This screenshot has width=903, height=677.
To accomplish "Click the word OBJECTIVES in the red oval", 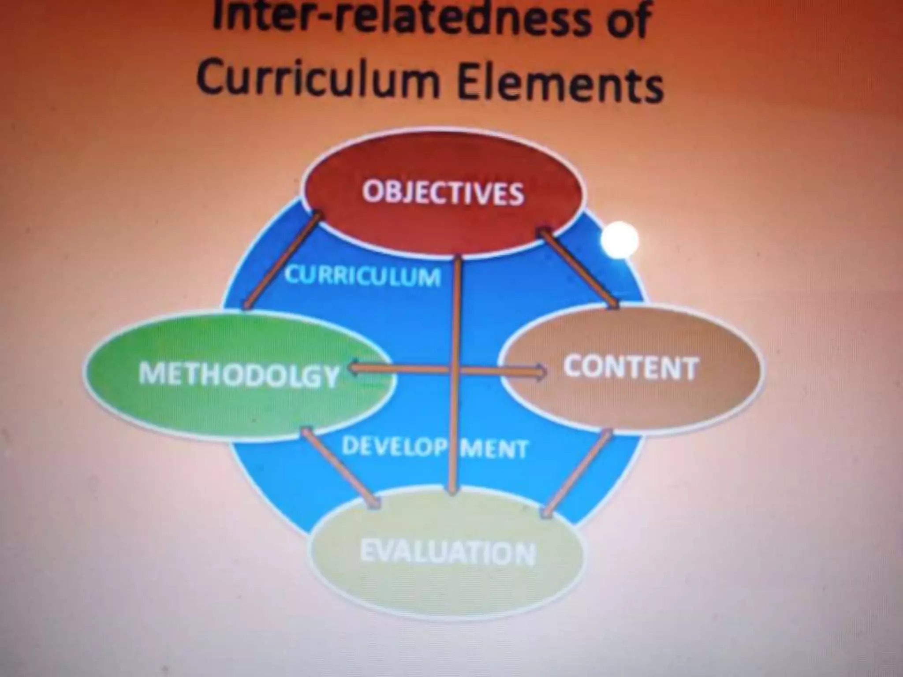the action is pyautogui.click(x=443, y=193).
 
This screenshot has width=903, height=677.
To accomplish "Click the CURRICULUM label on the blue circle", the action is pyautogui.click(x=362, y=276).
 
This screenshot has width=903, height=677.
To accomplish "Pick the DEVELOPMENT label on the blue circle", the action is pyautogui.click(x=434, y=448).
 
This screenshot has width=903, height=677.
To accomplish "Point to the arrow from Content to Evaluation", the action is pyautogui.click(x=578, y=474).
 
